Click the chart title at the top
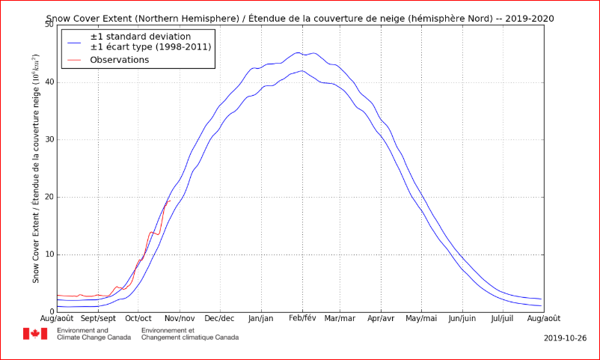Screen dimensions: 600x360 pos(300,19)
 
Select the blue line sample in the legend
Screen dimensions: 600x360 pos(75,42)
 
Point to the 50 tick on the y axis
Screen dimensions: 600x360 pos(49,25)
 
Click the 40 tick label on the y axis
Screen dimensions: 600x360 pos(49,82)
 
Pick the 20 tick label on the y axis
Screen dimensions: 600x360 pos(49,198)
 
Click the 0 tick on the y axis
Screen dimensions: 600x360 pos(52,312)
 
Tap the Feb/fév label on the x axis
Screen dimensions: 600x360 pos(302,318)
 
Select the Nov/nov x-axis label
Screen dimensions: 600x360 pos(180,318)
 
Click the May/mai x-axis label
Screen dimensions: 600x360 pos(422,318)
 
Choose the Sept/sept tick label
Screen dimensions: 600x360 pos(98,318)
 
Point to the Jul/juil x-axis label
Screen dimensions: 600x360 pos(503,318)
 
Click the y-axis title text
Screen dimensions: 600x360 pos(36,169)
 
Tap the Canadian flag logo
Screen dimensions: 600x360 pos(35,334)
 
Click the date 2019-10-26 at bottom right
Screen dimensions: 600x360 pos(565,338)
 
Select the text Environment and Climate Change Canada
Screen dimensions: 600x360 pos(94,334)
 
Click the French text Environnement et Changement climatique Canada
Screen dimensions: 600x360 pos(190,334)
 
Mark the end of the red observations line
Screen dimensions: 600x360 pos(171,201)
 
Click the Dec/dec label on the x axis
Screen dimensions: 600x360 pos(221,318)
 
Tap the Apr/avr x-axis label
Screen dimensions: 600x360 pos(381,318)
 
